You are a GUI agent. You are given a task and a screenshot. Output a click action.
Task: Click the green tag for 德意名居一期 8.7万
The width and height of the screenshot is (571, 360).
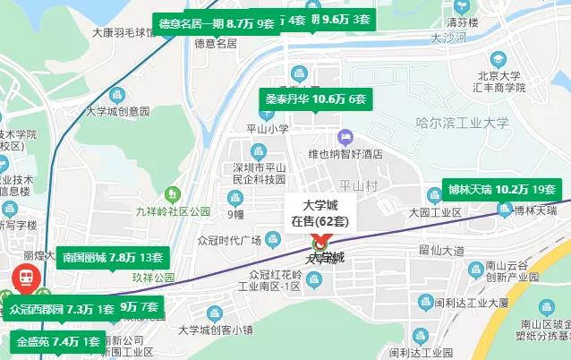click(216, 23)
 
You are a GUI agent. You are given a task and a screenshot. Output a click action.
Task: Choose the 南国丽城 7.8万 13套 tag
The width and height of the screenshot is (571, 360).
click(112, 258)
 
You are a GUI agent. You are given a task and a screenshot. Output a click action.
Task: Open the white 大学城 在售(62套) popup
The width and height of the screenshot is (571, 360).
click(320, 213)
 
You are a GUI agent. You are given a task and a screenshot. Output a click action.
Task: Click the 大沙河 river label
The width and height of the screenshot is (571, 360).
click(447, 39)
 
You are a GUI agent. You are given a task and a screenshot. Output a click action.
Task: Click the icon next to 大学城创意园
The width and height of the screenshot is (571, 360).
click(115, 94)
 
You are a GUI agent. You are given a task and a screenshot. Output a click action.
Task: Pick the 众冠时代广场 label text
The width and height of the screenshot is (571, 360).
click(229, 240)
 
